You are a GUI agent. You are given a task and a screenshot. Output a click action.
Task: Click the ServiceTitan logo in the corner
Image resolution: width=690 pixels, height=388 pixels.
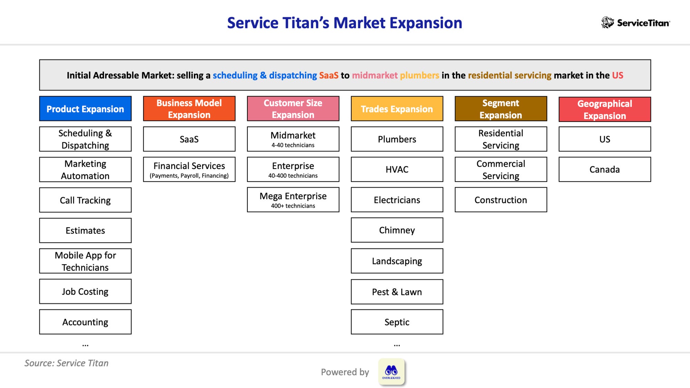[635, 23]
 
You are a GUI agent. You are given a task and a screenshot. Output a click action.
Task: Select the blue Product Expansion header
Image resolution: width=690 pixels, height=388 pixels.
[85, 109]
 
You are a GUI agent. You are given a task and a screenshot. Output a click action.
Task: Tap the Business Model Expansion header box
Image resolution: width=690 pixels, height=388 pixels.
[189, 109]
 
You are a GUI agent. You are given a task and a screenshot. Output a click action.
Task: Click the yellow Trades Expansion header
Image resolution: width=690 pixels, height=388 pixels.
[397, 109]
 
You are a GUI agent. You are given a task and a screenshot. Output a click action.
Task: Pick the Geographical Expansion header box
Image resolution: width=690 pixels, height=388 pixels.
[604, 109]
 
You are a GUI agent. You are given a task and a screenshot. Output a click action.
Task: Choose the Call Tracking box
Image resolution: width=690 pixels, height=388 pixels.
[85, 200]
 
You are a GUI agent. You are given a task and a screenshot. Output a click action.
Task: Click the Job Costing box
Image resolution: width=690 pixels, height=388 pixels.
[85, 291]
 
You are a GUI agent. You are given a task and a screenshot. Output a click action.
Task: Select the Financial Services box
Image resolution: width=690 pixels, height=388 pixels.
[189, 169]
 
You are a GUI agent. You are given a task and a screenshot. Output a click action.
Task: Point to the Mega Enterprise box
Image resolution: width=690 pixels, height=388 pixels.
[293, 200]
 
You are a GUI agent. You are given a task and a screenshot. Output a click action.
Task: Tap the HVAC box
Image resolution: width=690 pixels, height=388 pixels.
[397, 169]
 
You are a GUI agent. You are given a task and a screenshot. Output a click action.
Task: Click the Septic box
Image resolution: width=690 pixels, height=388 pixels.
[397, 322]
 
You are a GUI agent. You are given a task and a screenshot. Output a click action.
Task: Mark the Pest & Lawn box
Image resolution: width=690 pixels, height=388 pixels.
[397, 292]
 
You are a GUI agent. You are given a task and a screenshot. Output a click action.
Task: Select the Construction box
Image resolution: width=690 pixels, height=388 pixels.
[501, 200]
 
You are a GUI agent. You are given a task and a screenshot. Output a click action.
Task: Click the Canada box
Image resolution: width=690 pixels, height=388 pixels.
[604, 169]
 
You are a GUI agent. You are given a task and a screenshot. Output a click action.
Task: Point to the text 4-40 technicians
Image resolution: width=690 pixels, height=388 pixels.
[293, 145]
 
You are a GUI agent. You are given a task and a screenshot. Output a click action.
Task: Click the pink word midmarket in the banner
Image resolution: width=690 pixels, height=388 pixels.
[374, 75]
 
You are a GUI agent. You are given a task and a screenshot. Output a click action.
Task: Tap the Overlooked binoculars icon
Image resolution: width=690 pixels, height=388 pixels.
[391, 372]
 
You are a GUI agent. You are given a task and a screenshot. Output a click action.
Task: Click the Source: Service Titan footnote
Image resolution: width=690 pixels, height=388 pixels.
[66, 363]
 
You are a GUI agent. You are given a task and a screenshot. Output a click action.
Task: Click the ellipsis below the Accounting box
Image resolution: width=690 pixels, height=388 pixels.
[85, 345]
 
